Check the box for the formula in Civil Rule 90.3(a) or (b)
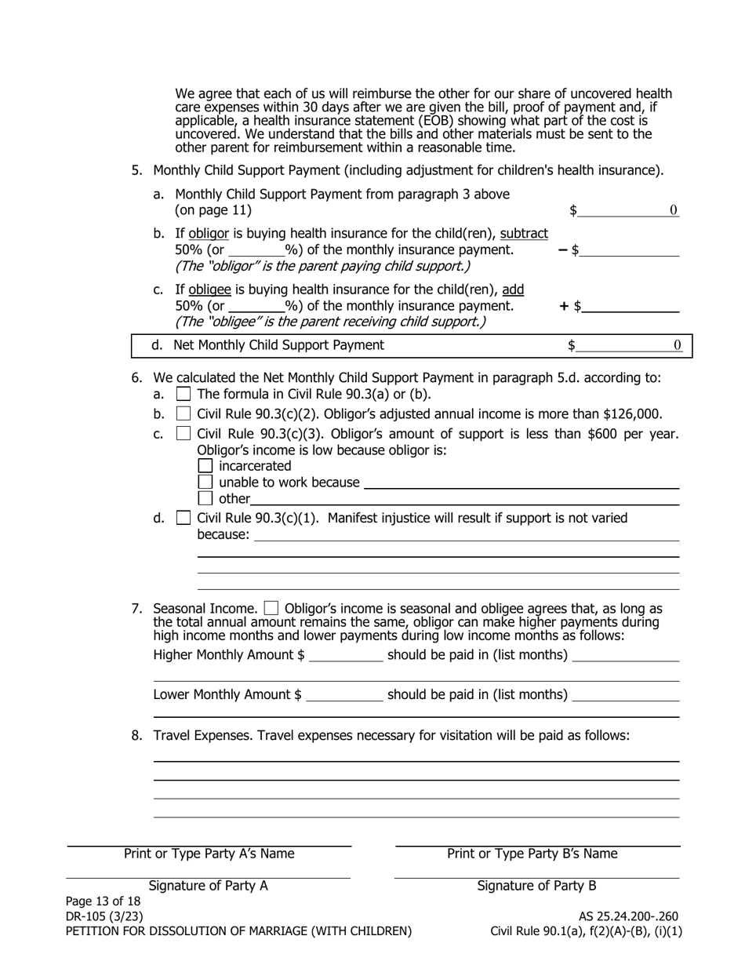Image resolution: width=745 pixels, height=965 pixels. (x=184, y=394)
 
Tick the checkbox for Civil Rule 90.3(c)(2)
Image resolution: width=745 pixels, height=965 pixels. (x=184, y=413)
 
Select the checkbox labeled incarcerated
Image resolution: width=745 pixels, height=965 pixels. (x=205, y=466)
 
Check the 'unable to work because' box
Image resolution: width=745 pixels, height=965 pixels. (x=205, y=482)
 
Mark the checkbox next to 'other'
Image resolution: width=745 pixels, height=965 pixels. (x=205, y=498)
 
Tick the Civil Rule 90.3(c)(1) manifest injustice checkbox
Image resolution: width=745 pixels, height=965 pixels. (x=184, y=518)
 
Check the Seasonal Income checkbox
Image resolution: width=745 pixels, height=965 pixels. (x=271, y=608)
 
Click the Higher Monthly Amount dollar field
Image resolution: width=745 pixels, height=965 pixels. (x=346, y=655)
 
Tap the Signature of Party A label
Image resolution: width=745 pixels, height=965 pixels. (x=208, y=886)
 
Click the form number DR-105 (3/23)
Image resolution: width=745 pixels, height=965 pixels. (x=104, y=916)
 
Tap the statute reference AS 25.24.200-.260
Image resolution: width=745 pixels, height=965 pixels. (x=628, y=916)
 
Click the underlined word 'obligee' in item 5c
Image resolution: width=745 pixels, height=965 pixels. (x=209, y=289)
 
